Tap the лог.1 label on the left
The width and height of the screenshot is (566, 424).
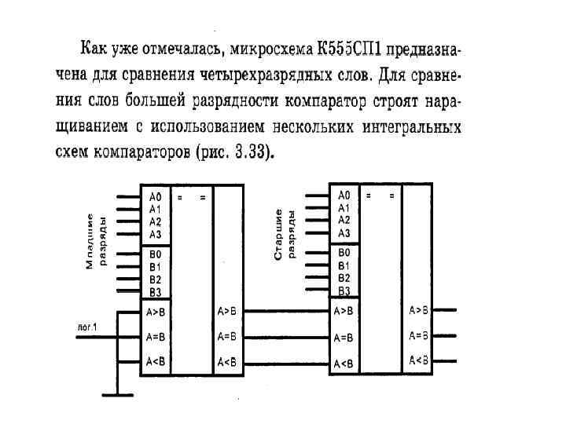(87, 325)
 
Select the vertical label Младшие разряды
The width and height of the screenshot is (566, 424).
(94, 239)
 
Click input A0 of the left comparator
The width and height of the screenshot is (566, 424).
(154, 196)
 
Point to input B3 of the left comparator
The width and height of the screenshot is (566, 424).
(154, 292)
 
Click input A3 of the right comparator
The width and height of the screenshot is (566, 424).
(344, 233)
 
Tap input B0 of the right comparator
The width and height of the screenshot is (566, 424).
(344, 253)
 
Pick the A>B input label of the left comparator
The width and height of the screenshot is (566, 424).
(156, 311)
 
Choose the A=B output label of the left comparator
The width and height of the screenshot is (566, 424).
(226, 337)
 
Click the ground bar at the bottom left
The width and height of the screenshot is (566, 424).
(119, 395)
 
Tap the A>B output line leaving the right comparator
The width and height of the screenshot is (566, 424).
(443, 311)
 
